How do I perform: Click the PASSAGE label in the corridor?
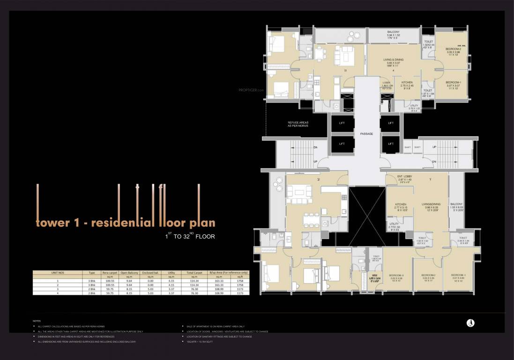pyautogui.click(x=366, y=134)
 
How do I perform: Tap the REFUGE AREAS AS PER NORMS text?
pyautogui.click(x=298, y=124)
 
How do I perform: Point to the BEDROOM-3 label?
pyautogui.click(x=396, y=275)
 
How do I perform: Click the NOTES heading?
pyautogui.click(x=36, y=321)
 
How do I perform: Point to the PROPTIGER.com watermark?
pyautogui.click(x=252, y=90)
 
